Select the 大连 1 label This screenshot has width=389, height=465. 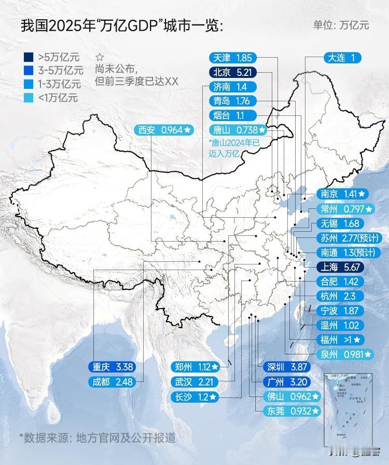click(x=341, y=58)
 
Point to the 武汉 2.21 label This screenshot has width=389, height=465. click(x=195, y=382)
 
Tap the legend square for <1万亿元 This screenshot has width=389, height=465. click(x=26, y=97)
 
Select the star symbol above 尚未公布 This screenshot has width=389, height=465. click(x=100, y=58)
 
